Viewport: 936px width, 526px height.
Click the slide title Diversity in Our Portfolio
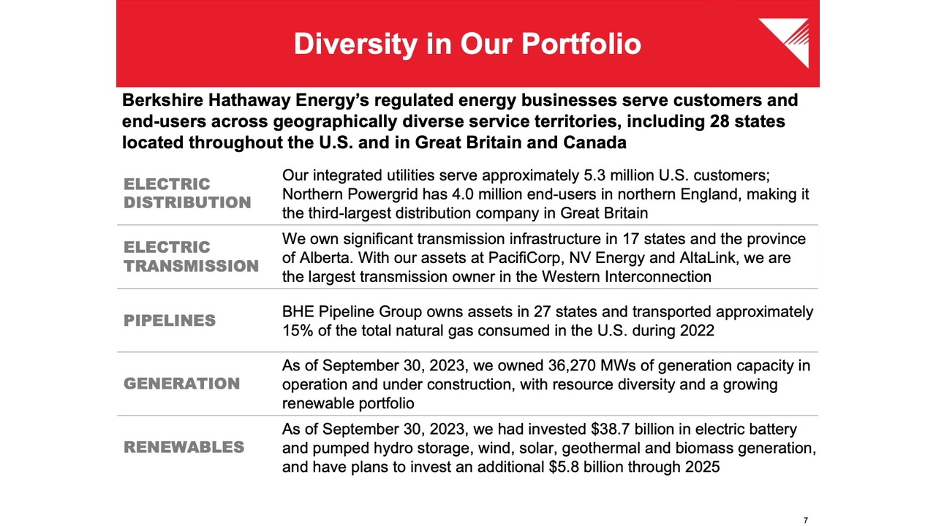467,45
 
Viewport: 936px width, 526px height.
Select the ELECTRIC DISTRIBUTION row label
187,194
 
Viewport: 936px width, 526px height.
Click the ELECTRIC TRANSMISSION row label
191,256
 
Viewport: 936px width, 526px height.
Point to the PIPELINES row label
170,320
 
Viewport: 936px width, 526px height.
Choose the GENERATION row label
182,384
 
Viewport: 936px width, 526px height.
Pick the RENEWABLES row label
184,446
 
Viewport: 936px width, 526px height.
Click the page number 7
806,520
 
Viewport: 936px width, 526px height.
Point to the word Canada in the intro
595,142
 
